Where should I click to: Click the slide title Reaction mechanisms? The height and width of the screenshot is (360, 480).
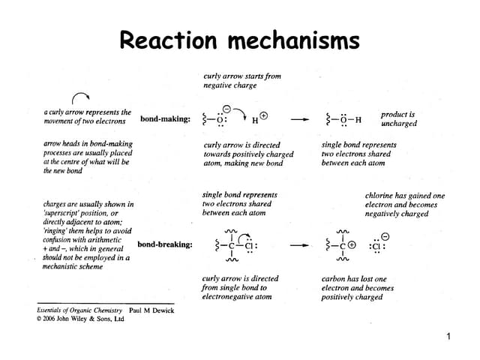point(239,40)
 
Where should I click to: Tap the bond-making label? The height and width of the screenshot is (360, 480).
point(164,118)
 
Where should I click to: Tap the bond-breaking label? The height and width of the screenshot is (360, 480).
point(164,244)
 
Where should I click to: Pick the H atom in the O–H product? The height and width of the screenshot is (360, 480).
point(358,119)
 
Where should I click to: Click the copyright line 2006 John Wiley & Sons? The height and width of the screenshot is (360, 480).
point(80,319)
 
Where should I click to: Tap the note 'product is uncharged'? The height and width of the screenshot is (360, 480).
point(398,118)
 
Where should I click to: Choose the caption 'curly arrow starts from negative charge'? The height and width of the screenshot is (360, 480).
point(241,80)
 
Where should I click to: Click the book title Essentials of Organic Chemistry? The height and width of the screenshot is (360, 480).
point(80,309)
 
